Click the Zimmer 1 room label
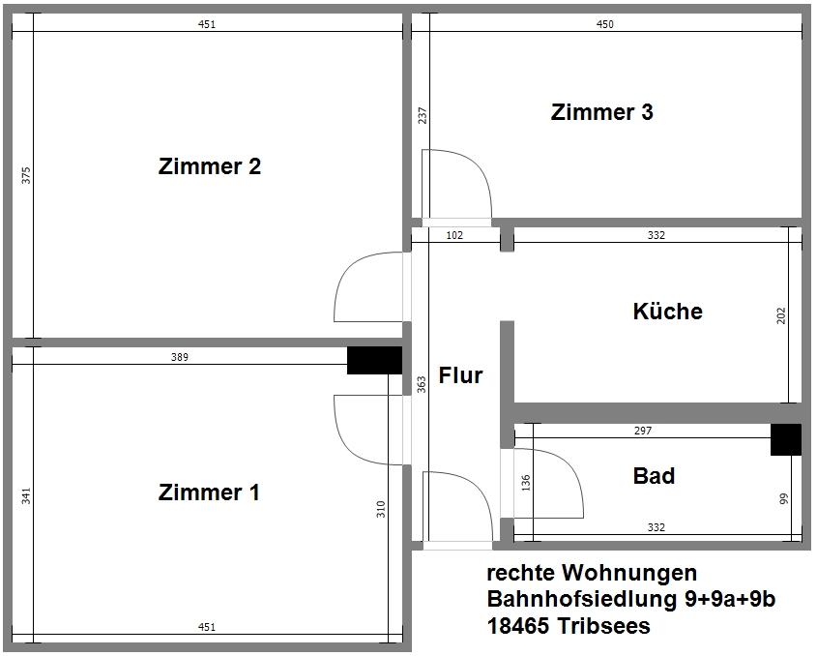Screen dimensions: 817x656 tap(209, 492)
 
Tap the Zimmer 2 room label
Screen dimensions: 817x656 tap(209, 166)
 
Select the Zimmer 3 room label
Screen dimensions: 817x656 tap(601, 112)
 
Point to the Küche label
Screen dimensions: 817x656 tap(667, 312)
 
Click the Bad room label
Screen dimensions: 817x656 tap(654, 476)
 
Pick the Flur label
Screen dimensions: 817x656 tap(460, 375)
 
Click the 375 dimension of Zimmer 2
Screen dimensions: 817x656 tap(26, 175)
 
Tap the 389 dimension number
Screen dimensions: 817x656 tap(180, 357)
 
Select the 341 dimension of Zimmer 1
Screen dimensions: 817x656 tap(26, 495)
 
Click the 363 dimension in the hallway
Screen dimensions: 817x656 tap(421, 384)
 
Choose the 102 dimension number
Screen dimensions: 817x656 tap(454, 235)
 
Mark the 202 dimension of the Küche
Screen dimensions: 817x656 tap(781, 315)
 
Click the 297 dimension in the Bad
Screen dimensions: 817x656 tap(643, 432)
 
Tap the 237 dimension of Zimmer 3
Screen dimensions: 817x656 tap(422, 115)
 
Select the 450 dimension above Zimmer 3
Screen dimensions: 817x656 tap(605, 24)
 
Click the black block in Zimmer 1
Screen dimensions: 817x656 tap(374, 360)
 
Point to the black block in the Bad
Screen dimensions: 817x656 tap(786, 439)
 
